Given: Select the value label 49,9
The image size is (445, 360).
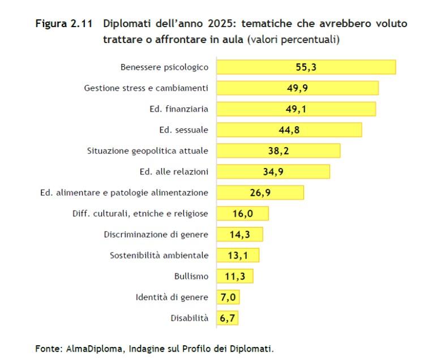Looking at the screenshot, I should [x=297, y=88].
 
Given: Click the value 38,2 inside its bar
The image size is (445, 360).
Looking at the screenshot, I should [x=279, y=151].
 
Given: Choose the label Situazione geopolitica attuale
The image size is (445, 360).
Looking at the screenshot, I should [x=147, y=151].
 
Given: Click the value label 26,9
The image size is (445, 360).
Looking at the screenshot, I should [x=260, y=192].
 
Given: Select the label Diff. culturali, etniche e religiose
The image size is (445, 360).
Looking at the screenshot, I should [x=140, y=213].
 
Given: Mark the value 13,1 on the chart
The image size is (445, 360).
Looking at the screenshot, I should [x=238, y=255].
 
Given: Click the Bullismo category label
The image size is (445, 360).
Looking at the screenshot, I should [x=191, y=276].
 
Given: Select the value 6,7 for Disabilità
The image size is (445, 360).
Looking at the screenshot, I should [x=228, y=318].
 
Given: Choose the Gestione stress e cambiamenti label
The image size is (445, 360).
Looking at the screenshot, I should [x=146, y=88].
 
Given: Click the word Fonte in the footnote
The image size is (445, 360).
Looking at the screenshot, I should [x=47, y=348].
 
